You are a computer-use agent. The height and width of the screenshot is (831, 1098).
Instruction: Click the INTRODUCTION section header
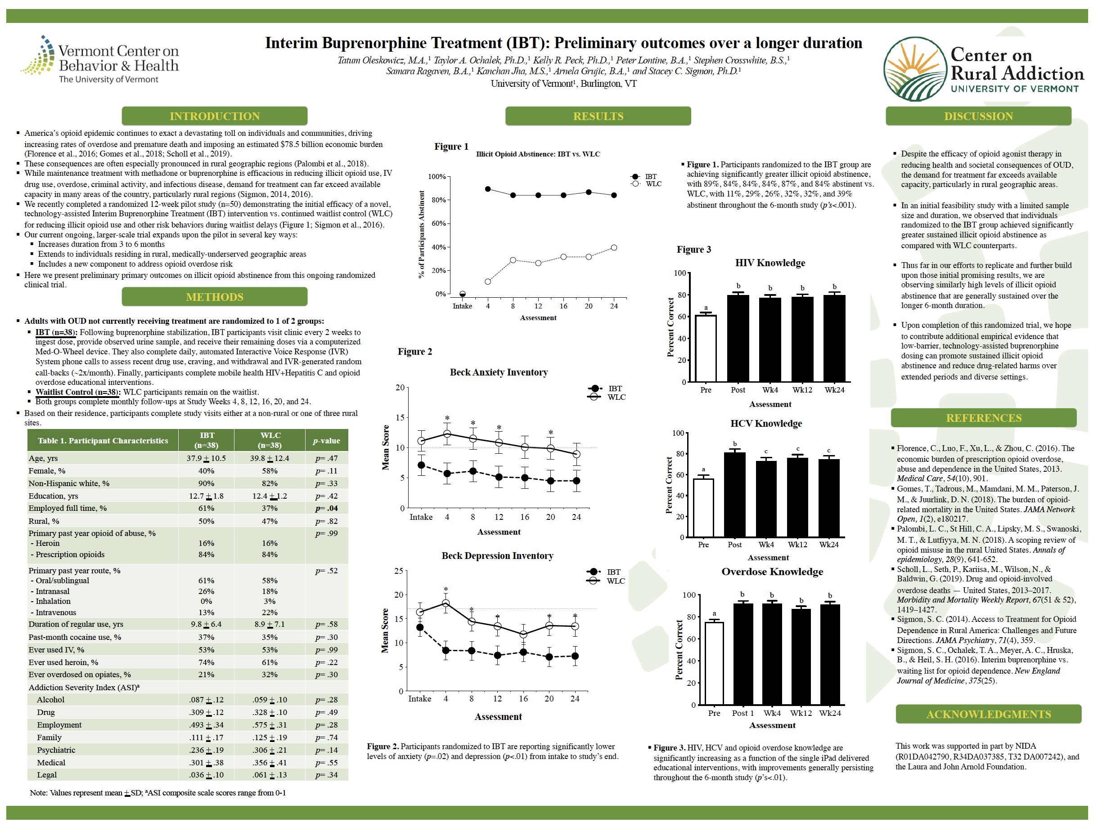215,116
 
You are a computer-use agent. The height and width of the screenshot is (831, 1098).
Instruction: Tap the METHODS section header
215,297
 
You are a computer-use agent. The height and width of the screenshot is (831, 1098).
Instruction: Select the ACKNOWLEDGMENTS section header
988,714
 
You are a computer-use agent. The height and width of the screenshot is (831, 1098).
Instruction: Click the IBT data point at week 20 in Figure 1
589,192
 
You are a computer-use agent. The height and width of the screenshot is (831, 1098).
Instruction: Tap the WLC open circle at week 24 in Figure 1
614,248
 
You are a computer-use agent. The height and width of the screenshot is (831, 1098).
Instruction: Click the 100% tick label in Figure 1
437,177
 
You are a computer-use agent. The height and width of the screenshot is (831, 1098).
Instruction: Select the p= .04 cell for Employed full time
326,508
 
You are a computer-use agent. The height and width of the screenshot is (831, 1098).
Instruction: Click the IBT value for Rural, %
206,521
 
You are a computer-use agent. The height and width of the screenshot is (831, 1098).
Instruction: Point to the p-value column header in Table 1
326,441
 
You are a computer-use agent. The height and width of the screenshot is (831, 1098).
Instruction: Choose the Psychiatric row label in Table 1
56,750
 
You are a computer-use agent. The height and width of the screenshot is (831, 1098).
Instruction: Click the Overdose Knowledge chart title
772,572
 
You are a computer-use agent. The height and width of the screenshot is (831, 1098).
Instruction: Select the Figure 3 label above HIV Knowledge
693,250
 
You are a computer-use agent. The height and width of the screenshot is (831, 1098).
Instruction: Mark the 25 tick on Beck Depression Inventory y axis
399,571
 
